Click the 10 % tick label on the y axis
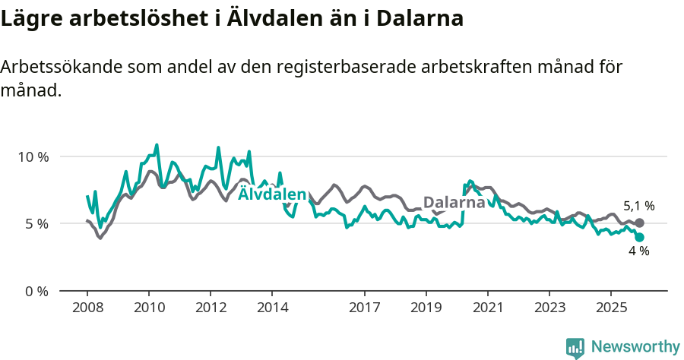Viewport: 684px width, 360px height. [x=32, y=157]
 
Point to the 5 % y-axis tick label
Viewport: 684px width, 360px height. [x=35, y=224]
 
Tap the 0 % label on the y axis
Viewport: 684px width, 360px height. [x=35, y=292]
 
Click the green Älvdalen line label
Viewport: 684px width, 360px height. [x=272, y=195]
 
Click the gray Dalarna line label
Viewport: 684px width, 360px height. [x=454, y=203]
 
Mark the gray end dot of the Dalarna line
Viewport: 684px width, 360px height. [x=639, y=223]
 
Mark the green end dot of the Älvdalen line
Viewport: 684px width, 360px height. [x=639, y=237]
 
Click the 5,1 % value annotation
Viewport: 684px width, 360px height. [x=639, y=206]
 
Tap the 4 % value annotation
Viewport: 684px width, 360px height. [x=639, y=251]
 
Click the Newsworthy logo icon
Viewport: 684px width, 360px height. [x=575, y=348]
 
